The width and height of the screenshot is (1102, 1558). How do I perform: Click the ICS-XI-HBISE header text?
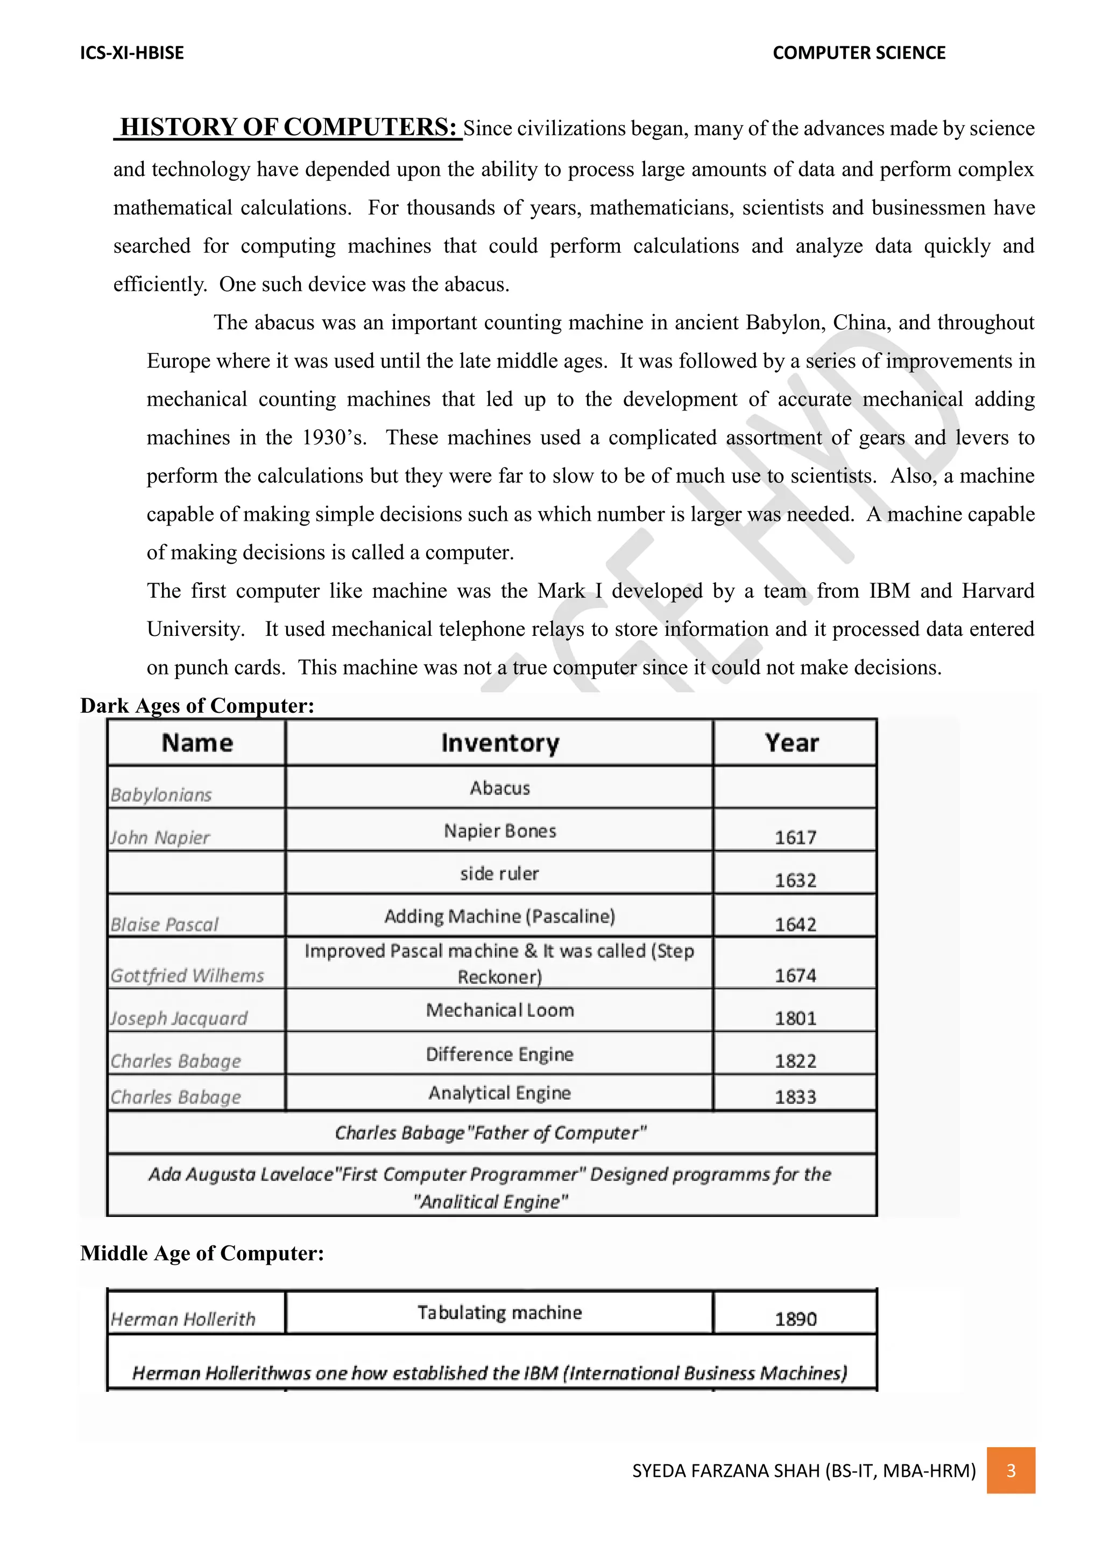coord(132,53)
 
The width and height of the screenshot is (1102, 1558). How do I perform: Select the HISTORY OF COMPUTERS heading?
coord(288,127)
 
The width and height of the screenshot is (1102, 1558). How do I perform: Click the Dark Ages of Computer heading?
coord(197,706)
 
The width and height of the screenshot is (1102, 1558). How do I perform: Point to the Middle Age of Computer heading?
coord(202,1252)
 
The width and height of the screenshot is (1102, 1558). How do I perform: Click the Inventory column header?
coord(500,743)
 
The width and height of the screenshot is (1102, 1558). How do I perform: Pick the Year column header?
coord(792,743)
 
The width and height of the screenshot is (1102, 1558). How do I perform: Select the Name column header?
coord(197,743)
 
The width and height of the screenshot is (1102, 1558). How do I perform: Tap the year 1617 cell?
coord(795,837)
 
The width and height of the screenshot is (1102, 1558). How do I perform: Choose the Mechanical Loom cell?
coord(500,1010)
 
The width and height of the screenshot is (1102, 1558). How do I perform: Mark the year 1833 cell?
coord(795,1096)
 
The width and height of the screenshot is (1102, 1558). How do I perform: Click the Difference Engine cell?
coord(500,1054)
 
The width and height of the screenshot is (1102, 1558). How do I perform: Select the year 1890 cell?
coord(795,1319)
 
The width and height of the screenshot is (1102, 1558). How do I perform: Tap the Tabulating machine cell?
coord(500,1312)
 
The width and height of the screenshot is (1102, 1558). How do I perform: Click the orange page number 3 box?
coord(1011,1470)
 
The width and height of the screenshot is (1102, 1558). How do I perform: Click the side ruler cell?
coord(500,873)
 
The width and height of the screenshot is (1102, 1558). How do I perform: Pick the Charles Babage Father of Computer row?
coord(491,1132)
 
